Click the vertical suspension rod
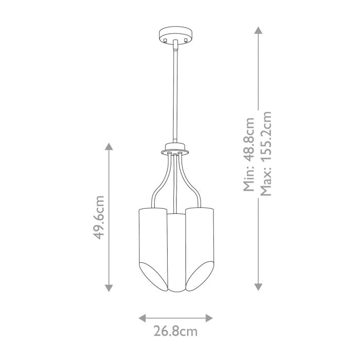coord(175,93)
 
